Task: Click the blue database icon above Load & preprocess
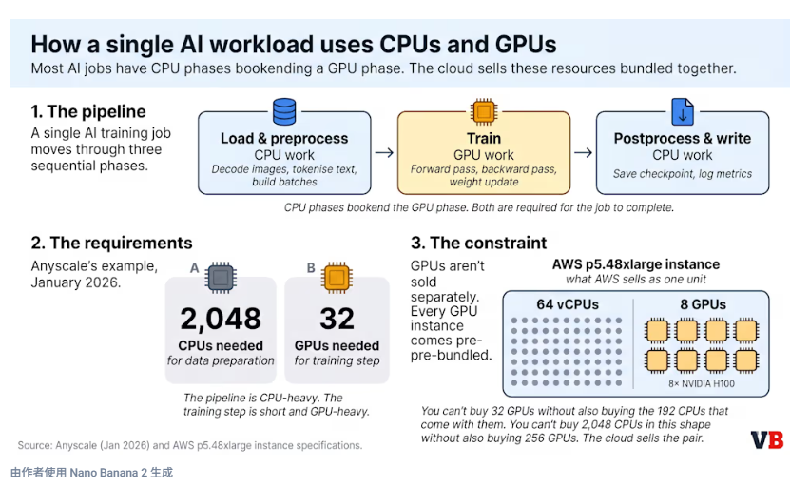click(283, 111)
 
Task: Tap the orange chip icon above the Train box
click(484, 112)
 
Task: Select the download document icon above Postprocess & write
click(683, 111)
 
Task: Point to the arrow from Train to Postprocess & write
click(584, 151)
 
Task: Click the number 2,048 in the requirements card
click(221, 318)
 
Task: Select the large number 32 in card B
click(337, 318)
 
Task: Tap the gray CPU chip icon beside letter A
click(222, 278)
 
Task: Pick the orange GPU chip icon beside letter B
click(337, 278)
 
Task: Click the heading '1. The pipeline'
click(88, 111)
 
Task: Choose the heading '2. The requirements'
click(111, 243)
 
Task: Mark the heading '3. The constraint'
click(478, 243)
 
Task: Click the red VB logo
click(766, 439)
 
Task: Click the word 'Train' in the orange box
click(484, 138)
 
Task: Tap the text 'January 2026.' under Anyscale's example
click(76, 283)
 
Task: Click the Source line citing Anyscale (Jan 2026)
click(189, 445)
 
